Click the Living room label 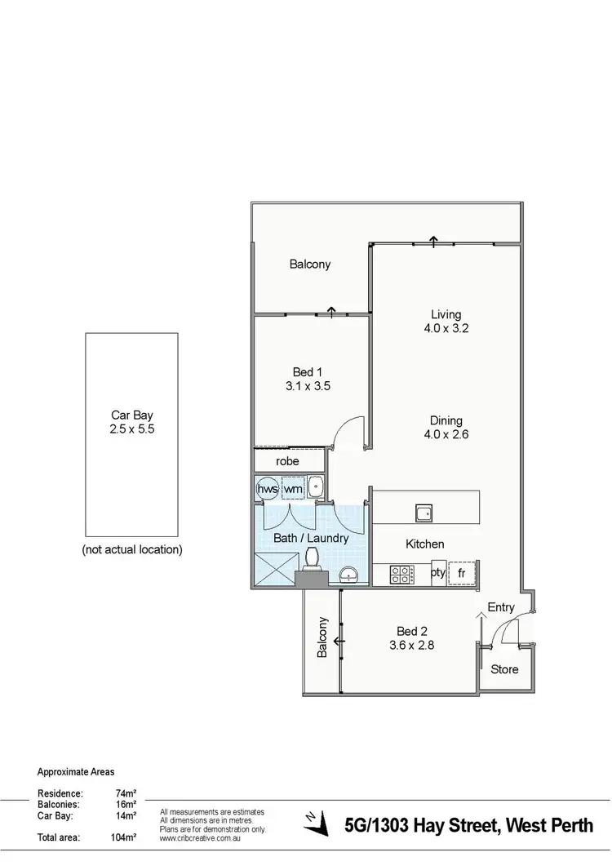click(446, 314)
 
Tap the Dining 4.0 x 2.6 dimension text click(446, 435)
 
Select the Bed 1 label click(308, 372)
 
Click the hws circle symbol click(268, 488)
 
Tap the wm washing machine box click(293, 488)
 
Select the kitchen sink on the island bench click(424, 513)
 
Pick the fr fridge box click(462, 573)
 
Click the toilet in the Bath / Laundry click(311, 558)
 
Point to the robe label click(287, 461)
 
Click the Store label click(504, 669)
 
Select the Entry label click(501, 607)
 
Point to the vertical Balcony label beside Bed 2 click(322, 637)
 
